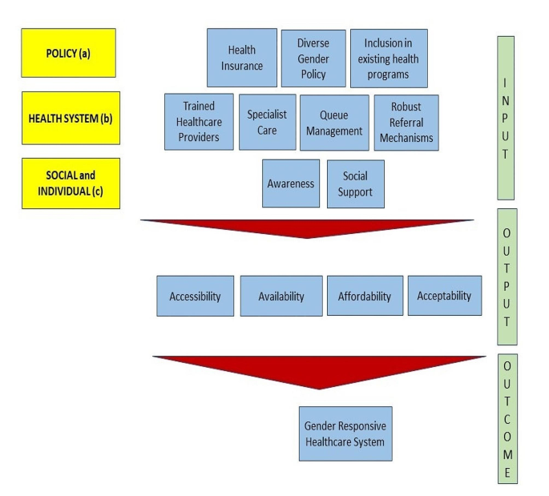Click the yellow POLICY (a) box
pos(68,53)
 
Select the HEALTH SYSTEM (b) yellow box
pos(71,118)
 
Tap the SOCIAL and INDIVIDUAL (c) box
pos(71,183)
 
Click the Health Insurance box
pos(241,58)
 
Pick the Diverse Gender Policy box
pos(313,58)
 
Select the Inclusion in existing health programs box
pos(389,58)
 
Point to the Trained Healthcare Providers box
pos(199,122)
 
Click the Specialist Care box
pos(267,122)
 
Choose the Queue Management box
pos(334,123)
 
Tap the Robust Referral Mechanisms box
pos(406,123)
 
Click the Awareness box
pos(290,183)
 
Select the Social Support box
pos(355,183)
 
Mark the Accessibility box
pos(195,296)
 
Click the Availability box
pos(281,296)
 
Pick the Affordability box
pos(365,296)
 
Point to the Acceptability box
pos(444,296)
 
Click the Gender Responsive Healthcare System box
pos(345,433)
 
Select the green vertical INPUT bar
pos(505,117)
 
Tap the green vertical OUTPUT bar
pos(505,276)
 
